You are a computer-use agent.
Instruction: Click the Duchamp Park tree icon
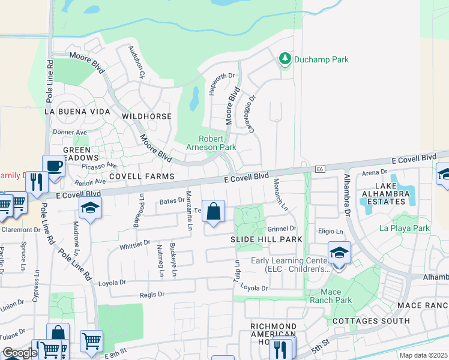point(285,59)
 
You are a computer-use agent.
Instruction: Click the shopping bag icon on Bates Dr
point(213,211)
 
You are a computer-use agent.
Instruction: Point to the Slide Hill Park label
point(266,239)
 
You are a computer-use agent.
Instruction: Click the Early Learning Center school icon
point(339,253)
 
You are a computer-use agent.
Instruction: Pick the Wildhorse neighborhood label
point(146,116)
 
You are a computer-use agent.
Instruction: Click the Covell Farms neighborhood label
point(142,176)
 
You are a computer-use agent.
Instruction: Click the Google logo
point(20,352)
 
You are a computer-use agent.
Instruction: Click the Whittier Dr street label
point(134,244)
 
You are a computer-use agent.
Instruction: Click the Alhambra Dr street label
point(347,196)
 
